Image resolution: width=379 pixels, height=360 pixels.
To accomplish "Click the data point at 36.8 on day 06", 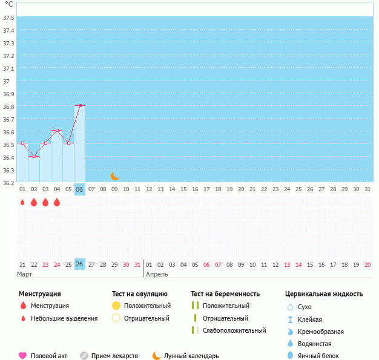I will tap(80, 106).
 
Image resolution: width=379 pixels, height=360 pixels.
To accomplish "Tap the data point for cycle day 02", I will tap(34, 157).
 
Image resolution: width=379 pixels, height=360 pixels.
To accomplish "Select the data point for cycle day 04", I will tap(57, 131).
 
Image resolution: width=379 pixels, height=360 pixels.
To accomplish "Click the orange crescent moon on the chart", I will tap(115, 176).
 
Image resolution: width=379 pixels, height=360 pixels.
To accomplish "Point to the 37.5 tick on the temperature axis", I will tap(8, 18).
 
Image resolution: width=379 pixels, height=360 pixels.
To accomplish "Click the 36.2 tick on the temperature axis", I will tap(8, 183).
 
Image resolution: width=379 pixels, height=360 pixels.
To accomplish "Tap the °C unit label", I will tap(8, 4).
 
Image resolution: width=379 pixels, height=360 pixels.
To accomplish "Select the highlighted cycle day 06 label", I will tap(80, 189).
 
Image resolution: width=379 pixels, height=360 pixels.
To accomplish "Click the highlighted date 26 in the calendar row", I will tap(80, 264).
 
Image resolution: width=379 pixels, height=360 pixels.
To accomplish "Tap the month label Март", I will tap(25, 274).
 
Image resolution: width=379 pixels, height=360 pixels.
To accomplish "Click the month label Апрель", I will tap(157, 274).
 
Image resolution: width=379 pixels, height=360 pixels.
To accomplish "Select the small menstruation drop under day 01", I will tap(22, 203).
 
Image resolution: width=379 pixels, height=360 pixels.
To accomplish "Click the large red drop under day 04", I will tap(57, 203).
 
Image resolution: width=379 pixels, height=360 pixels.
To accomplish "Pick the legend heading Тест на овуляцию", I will tap(140, 294).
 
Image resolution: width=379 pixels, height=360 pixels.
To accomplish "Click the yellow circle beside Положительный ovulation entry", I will tap(117, 306).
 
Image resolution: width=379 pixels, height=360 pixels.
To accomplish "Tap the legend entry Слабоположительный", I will tap(234, 330).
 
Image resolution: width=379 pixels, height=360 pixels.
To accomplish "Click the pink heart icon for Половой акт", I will tap(23, 356).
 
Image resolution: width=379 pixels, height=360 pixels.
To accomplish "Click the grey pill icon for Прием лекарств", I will tap(84, 356).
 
